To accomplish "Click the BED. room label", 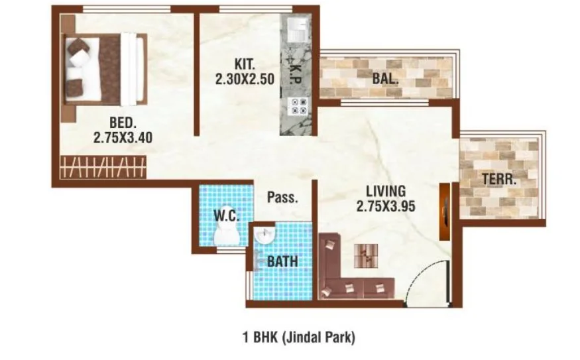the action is tap(123, 122).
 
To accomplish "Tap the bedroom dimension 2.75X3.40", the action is tap(123, 138).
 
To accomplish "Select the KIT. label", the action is tap(245, 64).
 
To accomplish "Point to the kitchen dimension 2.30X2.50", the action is tap(245, 79).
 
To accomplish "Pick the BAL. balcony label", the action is tap(385, 79).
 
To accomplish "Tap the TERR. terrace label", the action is tap(499, 180).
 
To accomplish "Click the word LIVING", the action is tap(386, 192).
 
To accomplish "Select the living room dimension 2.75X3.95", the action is tap(386, 206).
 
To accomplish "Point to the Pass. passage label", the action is tap(282, 197).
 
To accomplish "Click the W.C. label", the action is tap(227, 215).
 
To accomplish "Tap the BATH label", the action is tap(282, 262).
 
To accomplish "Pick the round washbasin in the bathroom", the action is tap(264, 235).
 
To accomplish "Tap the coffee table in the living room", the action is tap(366, 256).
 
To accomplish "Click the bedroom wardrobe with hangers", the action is tap(103, 167).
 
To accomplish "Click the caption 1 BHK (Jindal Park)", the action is tap(299, 337).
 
